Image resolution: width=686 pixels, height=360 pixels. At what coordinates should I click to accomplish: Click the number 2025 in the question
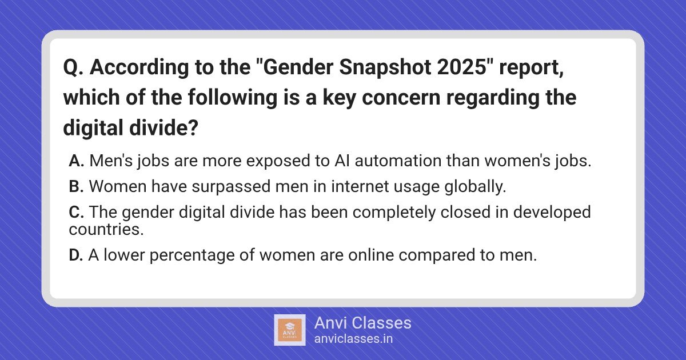[462, 67]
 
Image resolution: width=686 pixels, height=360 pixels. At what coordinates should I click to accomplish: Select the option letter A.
[76, 161]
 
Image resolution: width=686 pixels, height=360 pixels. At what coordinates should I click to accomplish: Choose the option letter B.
[76, 186]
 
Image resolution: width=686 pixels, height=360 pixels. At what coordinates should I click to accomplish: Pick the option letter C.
[76, 212]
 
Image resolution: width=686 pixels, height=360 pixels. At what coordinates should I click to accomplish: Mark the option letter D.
[76, 255]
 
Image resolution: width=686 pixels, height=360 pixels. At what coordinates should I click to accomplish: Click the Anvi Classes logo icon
[290, 330]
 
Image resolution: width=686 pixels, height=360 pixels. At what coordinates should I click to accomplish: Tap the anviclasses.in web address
[353, 339]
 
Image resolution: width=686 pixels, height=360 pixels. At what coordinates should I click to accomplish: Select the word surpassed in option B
[231, 186]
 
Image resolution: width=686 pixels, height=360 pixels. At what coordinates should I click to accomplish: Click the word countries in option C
[106, 229]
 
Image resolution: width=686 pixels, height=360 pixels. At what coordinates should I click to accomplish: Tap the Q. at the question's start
[73, 67]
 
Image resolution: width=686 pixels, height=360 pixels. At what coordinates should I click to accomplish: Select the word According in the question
[139, 67]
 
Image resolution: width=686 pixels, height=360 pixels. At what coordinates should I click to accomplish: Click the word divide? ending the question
[164, 127]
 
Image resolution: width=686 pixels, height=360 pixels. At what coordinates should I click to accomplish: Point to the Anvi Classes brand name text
[363, 323]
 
